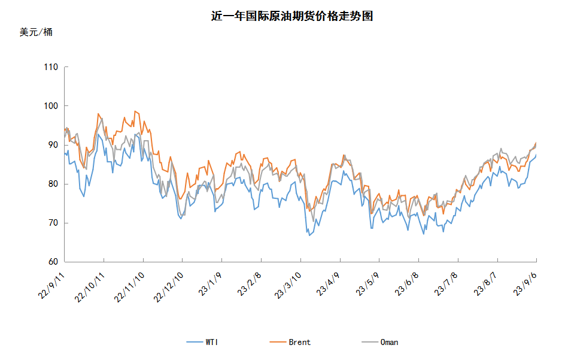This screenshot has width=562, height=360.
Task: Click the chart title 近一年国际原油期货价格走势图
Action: pyautogui.click(x=292, y=16)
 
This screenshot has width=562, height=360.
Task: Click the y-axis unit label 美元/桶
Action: pyautogui.click(x=36, y=32)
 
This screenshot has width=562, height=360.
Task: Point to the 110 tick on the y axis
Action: pyautogui.click(x=51, y=67)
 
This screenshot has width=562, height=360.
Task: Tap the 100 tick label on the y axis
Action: pyautogui.click(x=51, y=106)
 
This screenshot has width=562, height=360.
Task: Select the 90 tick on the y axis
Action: pyautogui.click(x=53, y=145)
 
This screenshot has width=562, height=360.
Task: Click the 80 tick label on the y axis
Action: pyautogui.click(x=53, y=184)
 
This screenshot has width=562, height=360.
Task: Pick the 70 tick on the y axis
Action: pyautogui.click(x=53, y=223)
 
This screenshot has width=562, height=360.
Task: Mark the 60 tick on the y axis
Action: pyautogui.click(x=53, y=262)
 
